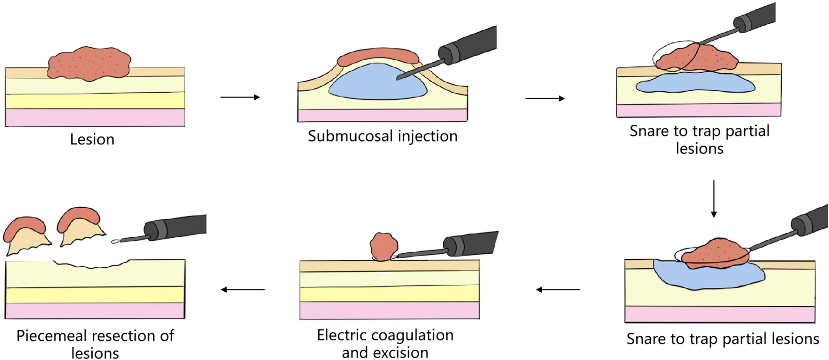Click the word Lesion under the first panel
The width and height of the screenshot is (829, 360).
[x=92, y=139]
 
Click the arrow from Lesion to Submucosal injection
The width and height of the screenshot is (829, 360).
[x=240, y=97]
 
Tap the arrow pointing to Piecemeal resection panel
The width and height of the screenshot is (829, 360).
[x=243, y=289]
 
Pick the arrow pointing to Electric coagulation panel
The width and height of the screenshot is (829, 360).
[x=558, y=289]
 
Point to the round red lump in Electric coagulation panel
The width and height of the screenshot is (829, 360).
[x=384, y=246]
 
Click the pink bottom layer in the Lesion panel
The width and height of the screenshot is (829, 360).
[x=95, y=118]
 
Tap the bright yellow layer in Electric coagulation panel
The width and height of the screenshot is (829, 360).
[x=390, y=293]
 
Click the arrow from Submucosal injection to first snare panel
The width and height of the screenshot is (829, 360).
[x=545, y=99]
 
